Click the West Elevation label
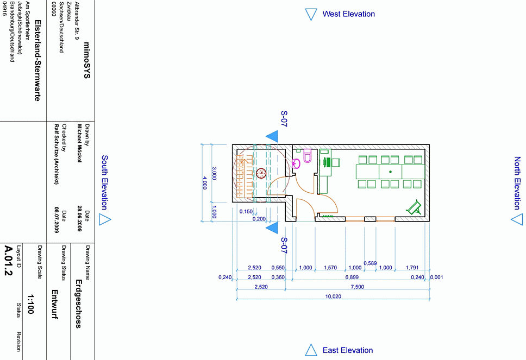[348, 14]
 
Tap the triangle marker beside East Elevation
[311, 350]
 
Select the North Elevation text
[517, 183]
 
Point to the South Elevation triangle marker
[105, 219]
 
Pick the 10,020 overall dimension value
[333, 296]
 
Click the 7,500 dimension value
[358, 287]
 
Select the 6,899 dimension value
[358, 277]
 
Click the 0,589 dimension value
[370, 263]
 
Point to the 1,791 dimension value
[412, 268]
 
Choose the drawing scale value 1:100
[30, 304]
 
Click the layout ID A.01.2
[8, 261]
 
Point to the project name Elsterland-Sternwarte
[37, 61]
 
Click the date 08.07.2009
[56, 219]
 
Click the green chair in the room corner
[415, 207]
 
